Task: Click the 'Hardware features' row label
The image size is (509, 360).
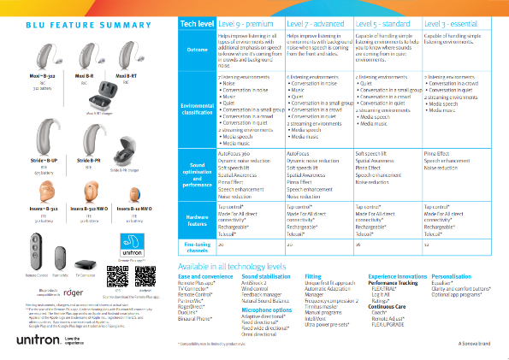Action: click(197, 220)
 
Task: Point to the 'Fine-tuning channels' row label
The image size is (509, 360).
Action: click(197, 247)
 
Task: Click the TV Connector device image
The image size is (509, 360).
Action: click(86, 264)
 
